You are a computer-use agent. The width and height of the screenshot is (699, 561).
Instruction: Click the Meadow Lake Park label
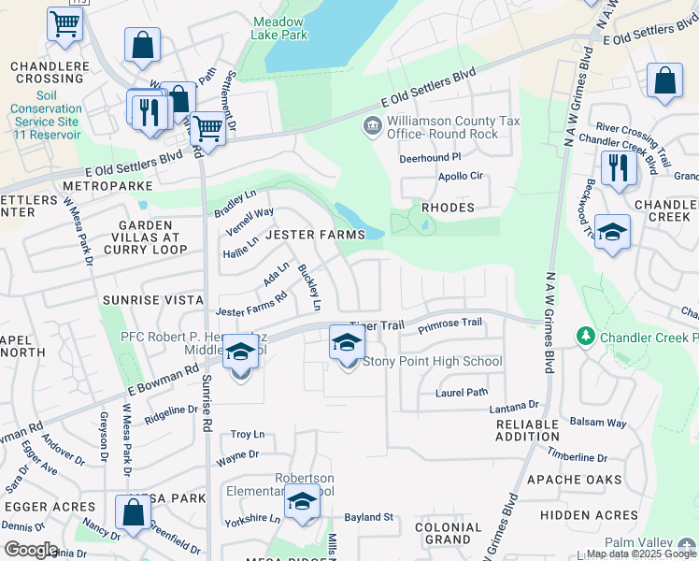(279, 28)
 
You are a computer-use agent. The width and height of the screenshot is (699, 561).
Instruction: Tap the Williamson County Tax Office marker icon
(372, 125)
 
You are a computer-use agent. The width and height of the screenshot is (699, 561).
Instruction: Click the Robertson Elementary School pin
(302, 504)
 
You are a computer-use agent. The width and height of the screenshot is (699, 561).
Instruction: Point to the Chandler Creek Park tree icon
(586, 335)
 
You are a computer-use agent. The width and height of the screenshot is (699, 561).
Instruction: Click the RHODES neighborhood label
(448, 208)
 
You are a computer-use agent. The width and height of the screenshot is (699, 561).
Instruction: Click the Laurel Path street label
(462, 393)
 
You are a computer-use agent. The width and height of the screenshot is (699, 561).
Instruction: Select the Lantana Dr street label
(514, 407)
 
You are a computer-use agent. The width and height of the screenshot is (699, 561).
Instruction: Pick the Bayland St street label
(368, 516)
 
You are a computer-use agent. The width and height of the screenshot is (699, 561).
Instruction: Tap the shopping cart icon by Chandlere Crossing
(64, 24)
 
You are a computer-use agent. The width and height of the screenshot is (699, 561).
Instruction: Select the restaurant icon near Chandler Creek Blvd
(619, 168)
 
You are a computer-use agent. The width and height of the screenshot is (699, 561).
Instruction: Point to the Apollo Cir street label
(460, 176)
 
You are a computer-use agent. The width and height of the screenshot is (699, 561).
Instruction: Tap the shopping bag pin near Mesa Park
(133, 512)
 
